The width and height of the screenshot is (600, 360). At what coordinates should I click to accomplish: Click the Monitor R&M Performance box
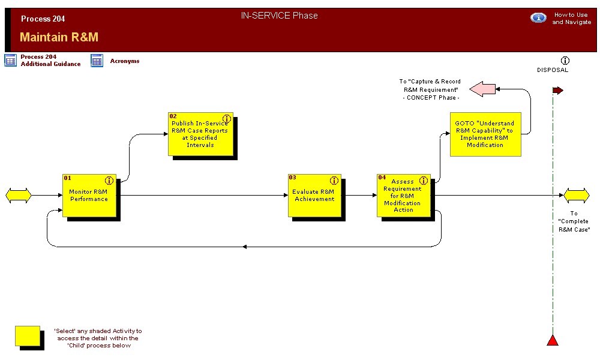[x=89, y=196]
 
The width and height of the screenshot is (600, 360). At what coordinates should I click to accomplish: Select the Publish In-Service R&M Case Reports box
[x=200, y=134]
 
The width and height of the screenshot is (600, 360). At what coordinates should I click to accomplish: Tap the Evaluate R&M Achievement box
[x=314, y=196]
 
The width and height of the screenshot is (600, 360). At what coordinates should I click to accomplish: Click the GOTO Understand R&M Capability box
[x=485, y=134]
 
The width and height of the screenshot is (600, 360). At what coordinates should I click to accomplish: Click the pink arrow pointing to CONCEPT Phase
[x=482, y=89]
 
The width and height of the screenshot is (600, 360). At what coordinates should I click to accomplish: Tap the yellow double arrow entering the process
[x=18, y=195]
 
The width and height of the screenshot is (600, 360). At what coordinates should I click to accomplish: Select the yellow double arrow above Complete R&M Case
[x=577, y=195]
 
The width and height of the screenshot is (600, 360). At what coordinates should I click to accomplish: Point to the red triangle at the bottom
[x=553, y=340]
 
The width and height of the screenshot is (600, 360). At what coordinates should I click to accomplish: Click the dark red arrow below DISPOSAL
[x=558, y=91]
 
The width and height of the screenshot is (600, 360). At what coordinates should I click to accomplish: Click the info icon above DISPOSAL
[x=565, y=61]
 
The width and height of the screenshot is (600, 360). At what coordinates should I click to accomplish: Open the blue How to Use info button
[x=538, y=18]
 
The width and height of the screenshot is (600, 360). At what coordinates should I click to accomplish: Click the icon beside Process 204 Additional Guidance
[x=11, y=60]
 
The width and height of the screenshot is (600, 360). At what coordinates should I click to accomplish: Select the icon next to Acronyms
[x=97, y=61]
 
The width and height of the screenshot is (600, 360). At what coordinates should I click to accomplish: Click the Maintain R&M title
[x=59, y=37]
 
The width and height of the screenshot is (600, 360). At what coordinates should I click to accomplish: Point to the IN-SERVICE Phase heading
[x=279, y=16]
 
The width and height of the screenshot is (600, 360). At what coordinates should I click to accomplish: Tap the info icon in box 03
[x=334, y=180]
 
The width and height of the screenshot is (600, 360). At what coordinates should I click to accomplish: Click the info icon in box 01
[x=109, y=180]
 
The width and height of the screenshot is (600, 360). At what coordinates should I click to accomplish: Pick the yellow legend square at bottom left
[x=28, y=336]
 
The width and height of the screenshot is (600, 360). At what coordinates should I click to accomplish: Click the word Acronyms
[x=125, y=61]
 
